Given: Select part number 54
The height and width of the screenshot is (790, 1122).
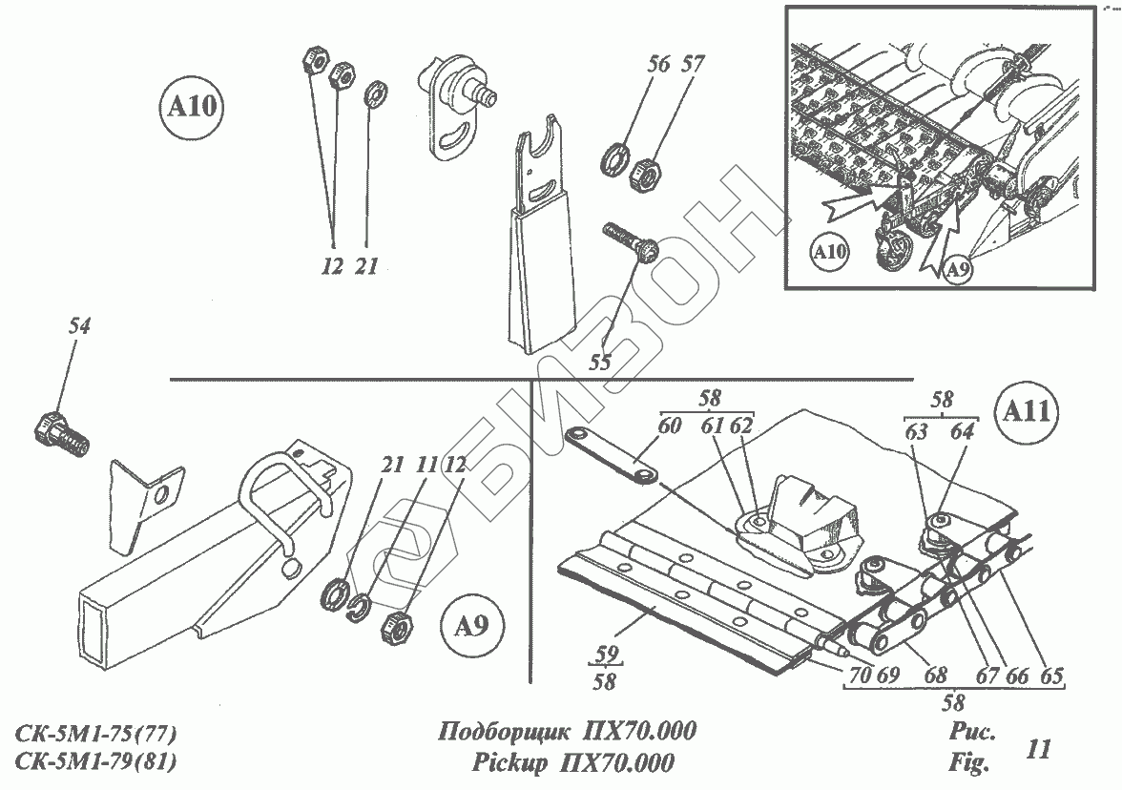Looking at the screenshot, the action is click(79, 326).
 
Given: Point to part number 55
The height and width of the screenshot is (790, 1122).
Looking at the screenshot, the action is click(599, 363).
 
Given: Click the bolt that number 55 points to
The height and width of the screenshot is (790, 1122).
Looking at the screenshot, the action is click(630, 242).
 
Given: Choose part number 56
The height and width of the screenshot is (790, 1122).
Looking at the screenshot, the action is click(658, 64).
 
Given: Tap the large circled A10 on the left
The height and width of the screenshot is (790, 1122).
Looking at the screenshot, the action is click(192, 107).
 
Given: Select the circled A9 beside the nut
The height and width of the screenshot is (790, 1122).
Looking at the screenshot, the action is click(471, 627).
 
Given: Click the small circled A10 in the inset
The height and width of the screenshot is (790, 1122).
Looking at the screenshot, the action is click(830, 252).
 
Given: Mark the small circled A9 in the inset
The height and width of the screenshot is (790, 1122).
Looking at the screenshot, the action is click(958, 271).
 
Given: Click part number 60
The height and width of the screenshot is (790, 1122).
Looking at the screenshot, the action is click(669, 426).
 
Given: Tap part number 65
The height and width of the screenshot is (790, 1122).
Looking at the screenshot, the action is click(1051, 676).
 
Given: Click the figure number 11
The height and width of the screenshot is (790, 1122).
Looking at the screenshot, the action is click(1038, 749).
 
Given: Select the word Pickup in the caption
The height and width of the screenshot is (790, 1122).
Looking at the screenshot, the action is click(509, 763).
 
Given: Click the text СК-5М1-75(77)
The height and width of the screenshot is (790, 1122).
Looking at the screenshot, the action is click(95, 735).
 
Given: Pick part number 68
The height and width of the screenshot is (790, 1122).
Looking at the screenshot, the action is click(935, 676).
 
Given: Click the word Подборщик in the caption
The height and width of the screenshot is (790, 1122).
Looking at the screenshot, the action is click(505, 732).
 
